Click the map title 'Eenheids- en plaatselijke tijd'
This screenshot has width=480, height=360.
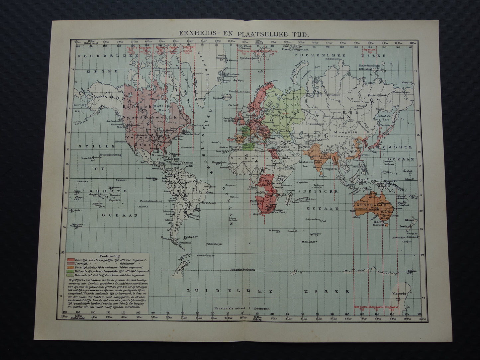coord(244,34)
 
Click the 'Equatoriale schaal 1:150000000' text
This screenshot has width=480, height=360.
coord(242,309)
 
